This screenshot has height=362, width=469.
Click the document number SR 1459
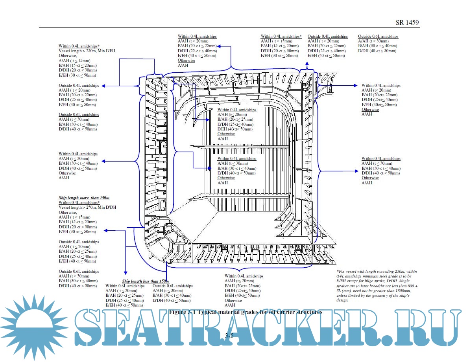click(407, 23)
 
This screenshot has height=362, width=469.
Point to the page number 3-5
click(229, 335)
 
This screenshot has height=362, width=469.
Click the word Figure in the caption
click(177, 312)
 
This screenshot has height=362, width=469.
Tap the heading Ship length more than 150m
click(84, 197)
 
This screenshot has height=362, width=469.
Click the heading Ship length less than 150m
click(145, 281)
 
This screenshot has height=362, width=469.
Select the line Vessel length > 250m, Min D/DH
click(87, 207)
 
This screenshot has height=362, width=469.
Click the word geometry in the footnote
click(386, 296)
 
